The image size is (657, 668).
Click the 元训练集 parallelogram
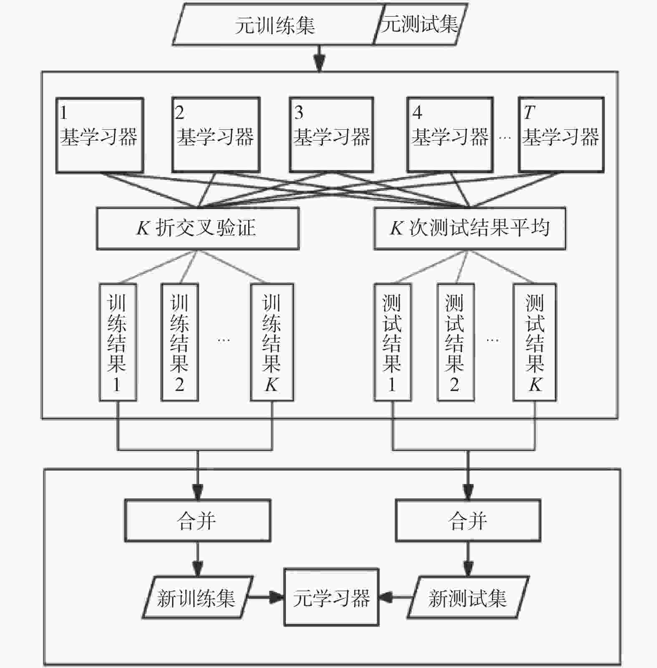tap(275, 25)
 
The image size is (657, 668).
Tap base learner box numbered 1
tap(100, 135)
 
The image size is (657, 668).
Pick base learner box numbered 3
tap(332, 135)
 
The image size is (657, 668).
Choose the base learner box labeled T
tap(561, 135)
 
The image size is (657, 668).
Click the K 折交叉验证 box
tap(198, 229)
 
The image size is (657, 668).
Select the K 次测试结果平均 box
tap(470, 229)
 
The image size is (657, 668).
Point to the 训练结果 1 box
tap(118, 342)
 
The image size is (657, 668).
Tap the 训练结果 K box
tap(272, 342)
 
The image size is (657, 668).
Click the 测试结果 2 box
tap(456, 342)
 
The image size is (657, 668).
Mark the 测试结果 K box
tap(535, 342)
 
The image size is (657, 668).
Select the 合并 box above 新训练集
tap(198, 521)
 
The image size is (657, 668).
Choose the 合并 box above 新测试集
tap(468, 521)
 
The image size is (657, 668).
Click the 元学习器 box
tap(332, 597)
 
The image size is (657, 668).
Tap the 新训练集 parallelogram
tap(197, 597)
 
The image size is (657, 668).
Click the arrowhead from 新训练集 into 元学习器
tap(277, 597)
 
